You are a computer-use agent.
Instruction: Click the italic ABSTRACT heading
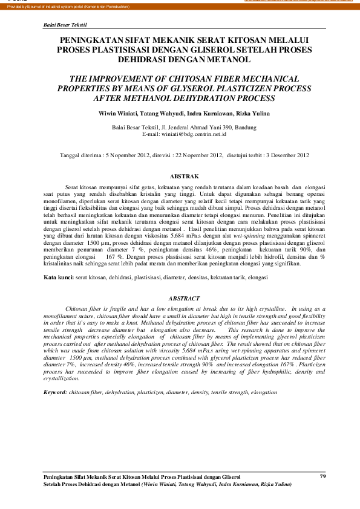tap(183, 299)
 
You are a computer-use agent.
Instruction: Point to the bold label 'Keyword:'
tap(56, 392)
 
